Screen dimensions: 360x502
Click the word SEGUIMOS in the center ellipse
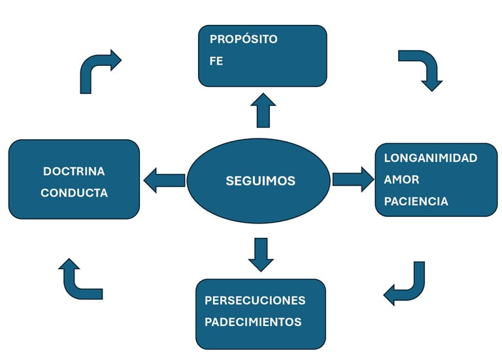260,180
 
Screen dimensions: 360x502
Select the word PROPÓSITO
243,39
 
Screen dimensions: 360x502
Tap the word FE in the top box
216,62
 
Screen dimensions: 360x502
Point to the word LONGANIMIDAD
430,158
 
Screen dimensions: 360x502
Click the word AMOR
401,180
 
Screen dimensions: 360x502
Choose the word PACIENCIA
416,201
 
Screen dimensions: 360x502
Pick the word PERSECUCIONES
255,301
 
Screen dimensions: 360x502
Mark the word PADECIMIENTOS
253,322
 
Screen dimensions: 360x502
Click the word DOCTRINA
74,171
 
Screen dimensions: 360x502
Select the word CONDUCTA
74,193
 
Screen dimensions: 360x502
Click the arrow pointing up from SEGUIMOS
263,109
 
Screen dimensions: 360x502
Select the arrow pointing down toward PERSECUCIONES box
261,254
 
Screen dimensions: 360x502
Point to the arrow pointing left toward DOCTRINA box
164,180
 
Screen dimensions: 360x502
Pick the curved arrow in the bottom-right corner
408,286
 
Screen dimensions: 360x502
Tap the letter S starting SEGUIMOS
229,180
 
